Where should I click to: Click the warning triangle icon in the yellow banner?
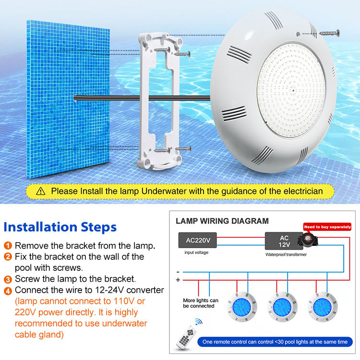tap(41, 191)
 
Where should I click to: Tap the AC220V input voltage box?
tap(197, 240)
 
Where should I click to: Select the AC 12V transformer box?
tap(284, 241)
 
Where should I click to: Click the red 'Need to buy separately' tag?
tap(327, 227)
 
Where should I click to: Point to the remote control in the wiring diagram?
tap(186, 337)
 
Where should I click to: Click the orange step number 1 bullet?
tap(8, 245)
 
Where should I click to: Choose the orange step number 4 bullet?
tap(8, 291)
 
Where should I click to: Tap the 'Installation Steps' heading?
tap(60, 227)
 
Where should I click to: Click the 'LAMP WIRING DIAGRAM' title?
tap(222, 221)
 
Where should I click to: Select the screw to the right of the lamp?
tap(329, 33)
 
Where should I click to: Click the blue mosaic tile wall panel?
tap(68, 99)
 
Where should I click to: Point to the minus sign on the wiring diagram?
tap(178, 272)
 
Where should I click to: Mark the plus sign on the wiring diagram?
tap(178, 280)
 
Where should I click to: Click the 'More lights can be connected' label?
tap(201, 303)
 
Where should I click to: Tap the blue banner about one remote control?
tap(275, 342)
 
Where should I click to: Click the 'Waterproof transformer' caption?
tap(286, 254)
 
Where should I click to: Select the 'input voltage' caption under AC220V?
tap(196, 252)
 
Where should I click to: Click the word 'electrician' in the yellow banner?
tap(303, 191)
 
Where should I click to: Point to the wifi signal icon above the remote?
tap(199, 322)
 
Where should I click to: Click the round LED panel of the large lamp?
tap(291, 90)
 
